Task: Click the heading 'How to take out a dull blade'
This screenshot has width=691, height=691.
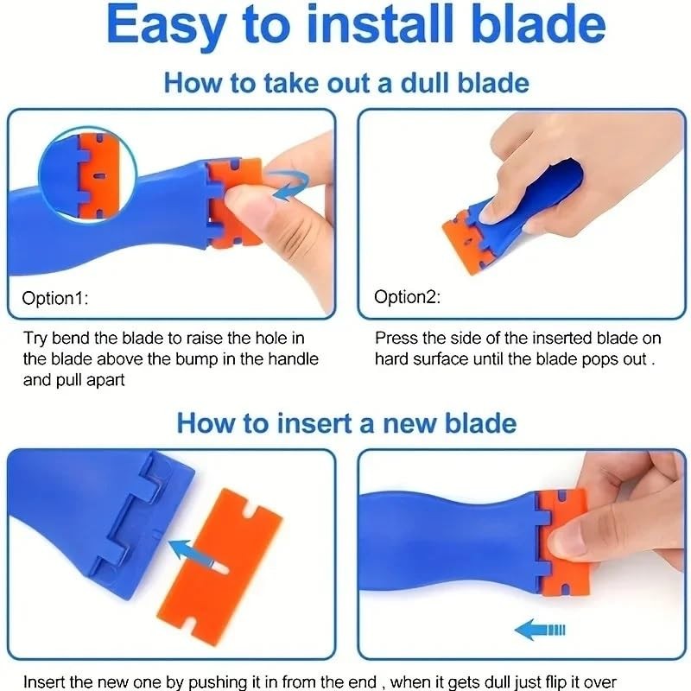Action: tap(345, 83)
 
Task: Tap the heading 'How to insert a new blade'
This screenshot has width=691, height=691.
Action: tap(345, 423)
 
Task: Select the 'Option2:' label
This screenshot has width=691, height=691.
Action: tap(407, 297)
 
